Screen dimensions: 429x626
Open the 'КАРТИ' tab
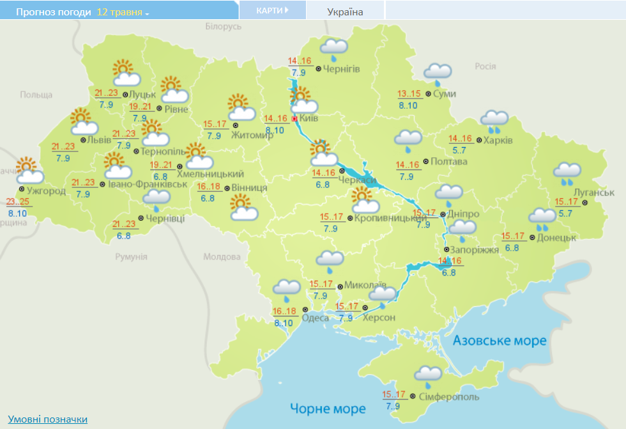[x=272, y=10]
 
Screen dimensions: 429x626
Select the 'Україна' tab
[x=345, y=12]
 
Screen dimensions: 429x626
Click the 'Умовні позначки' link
[x=48, y=419]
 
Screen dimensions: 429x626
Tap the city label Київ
[x=309, y=118]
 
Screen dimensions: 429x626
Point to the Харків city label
[x=498, y=141]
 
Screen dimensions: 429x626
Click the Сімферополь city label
[x=449, y=397]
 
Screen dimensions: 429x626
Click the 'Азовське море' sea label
[x=500, y=341]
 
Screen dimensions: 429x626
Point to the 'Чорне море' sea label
[x=328, y=409]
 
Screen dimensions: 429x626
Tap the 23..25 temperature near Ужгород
[x=17, y=201]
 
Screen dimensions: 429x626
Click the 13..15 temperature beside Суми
[x=409, y=94]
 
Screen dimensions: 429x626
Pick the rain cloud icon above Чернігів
[x=333, y=48]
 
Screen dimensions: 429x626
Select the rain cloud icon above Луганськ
[x=567, y=173]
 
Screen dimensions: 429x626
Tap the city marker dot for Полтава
[x=425, y=161]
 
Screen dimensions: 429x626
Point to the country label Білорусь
[x=224, y=27]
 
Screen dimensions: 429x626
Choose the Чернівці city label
[x=165, y=219]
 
